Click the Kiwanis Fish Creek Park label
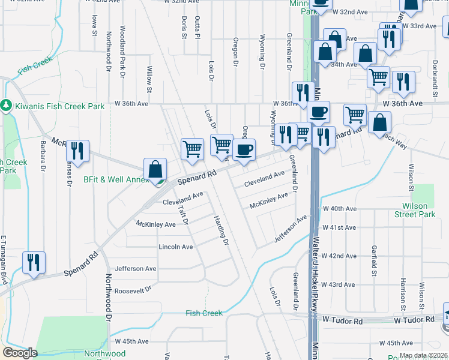pyautogui.click(x=59, y=106)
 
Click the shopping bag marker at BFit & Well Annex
pyautogui.click(x=155, y=170)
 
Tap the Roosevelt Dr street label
pyautogui.click(x=133, y=290)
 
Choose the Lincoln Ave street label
pyautogui.click(x=176, y=247)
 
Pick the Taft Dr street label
pyautogui.click(x=184, y=214)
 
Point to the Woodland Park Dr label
pyautogui.click(x=122, y=52)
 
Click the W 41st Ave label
pyautogui.click(x=339, y=228)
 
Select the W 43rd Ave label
pyautogui.click(x=339, y=284)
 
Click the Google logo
pyautogui.click(x=20, y=353)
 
